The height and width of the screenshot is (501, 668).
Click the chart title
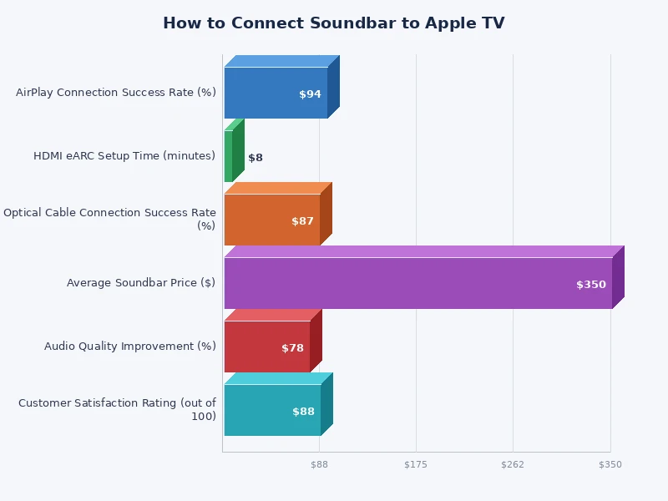[333, 23]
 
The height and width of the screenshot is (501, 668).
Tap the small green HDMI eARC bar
[229, 156]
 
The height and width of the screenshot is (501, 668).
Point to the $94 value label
[310, 94]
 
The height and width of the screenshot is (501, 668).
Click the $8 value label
[256, 158]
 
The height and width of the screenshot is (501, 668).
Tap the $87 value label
[302, 221]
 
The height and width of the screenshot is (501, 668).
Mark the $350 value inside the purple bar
[591, 285]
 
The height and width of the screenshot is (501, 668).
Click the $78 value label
[292, 348]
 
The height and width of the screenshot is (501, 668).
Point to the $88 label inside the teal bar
[303, 412]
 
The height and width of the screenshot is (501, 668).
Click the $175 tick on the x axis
[415, 464]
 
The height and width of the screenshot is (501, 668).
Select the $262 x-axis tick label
[513, 464]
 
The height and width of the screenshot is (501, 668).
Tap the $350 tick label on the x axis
[610, 464]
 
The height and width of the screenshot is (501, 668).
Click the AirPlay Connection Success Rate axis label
[116, 93]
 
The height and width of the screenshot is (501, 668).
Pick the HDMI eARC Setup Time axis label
[124, 156]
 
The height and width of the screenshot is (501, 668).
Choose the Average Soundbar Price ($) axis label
[141, 283]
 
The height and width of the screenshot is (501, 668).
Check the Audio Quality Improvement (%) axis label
[130, 347]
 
